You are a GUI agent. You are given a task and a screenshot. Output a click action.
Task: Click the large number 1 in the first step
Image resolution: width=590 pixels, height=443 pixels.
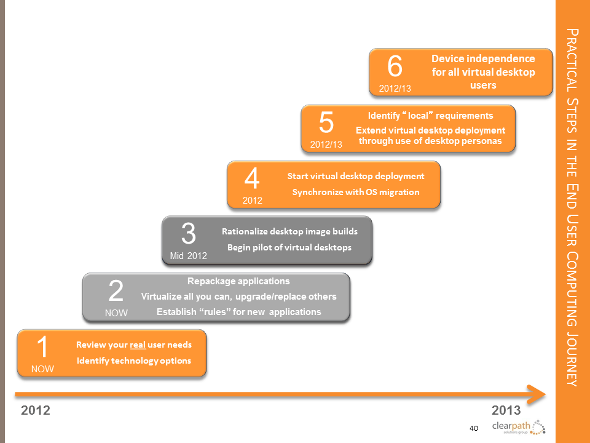(43, 347)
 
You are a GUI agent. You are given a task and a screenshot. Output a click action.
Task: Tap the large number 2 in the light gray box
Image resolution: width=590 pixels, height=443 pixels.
(116, 291)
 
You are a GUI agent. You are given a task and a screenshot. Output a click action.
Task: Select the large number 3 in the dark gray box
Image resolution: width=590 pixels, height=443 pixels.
(189, 234)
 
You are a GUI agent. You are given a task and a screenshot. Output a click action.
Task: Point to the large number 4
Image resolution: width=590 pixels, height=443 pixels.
(252, 178)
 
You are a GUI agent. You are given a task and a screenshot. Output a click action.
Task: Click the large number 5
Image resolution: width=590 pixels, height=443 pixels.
(326, 122)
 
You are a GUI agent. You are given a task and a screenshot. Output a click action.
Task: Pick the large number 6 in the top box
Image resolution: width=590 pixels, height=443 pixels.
(395, 66)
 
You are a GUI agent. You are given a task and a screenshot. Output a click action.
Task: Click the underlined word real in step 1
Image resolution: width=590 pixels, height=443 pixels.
(138, 345)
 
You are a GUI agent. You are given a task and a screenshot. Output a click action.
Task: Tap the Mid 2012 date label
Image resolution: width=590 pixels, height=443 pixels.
(189, 256)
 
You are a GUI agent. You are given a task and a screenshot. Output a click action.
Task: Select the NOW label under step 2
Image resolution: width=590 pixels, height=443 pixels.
(116, 313)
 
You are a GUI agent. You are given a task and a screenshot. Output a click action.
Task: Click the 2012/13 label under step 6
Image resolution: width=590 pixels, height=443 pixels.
(395, 89)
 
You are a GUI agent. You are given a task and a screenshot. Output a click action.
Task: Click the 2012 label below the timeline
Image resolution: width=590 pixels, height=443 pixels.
(36, 410)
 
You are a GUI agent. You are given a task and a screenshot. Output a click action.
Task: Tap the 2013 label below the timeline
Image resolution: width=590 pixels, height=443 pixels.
(506, 410)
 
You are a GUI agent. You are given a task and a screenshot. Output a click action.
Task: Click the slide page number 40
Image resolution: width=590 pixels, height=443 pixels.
(474, 428)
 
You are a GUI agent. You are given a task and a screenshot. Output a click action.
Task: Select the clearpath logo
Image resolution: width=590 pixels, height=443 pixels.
(519, 427)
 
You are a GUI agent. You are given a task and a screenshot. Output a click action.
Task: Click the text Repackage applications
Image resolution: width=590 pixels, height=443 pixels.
(238, 281)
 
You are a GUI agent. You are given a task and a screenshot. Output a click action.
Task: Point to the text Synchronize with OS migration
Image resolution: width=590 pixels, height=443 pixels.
(356, 192)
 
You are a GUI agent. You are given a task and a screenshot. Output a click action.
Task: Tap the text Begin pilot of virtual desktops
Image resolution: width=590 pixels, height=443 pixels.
(289, 247)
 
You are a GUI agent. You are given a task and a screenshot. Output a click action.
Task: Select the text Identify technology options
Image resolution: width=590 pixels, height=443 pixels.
(134, 361)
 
